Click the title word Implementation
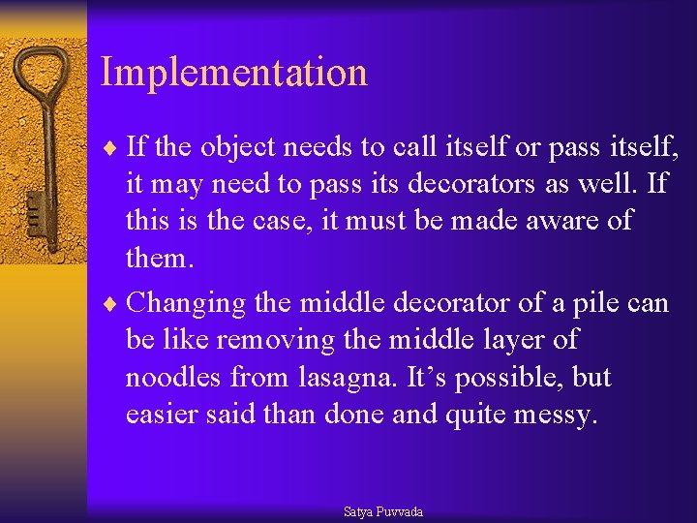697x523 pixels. pyautogui.click(x=233, y=73)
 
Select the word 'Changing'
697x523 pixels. pyautogui.click(x=187, y=304)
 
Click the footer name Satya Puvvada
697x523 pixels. pyautogui.click(x=383, y=511)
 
